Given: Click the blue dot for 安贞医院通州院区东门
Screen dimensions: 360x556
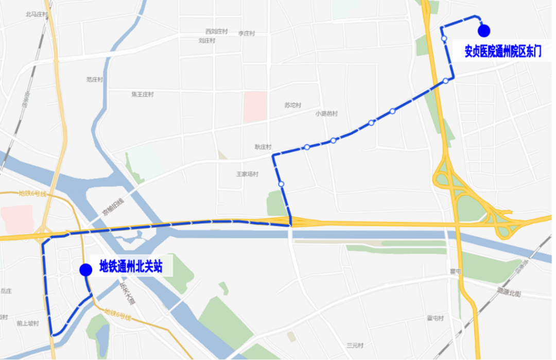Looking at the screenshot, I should click(483, 31).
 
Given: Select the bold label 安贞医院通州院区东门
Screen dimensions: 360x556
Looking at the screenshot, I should click(502, 52).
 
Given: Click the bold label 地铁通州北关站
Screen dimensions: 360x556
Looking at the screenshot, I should click(131, 267).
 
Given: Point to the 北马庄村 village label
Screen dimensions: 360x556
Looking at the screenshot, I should click(36, 14).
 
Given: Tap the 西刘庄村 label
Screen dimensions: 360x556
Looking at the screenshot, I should click(216, 31).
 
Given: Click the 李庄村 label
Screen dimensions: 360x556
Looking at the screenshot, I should click(247, 33).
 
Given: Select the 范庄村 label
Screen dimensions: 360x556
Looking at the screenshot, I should click(95, 79).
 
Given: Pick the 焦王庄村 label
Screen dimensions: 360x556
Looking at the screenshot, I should click(143, 94).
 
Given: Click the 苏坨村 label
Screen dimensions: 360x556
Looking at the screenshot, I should click(292, 105).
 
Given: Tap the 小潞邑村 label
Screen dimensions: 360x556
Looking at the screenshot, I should click(326, 114).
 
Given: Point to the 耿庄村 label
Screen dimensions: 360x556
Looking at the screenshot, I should click(263, 147).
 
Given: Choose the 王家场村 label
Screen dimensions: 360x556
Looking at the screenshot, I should click(247, 174).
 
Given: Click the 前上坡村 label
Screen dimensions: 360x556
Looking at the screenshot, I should click(28, 323).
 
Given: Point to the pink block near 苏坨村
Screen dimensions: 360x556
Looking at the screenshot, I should click(255, 107).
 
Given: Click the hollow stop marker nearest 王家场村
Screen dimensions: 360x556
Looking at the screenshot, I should click(281, 184).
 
